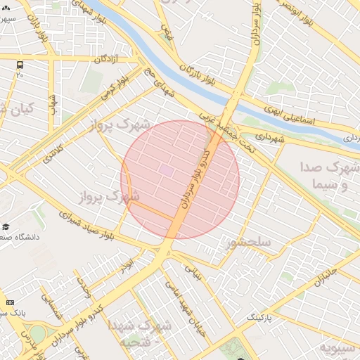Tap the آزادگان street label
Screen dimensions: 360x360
click(x=100, y=60)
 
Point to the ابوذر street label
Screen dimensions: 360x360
click(x=127, y=266)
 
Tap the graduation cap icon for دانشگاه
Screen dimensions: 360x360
click(x=6, y=226)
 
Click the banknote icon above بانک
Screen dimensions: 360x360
click(x=9, y=302)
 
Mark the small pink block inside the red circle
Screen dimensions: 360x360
click(x=166, y=169)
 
